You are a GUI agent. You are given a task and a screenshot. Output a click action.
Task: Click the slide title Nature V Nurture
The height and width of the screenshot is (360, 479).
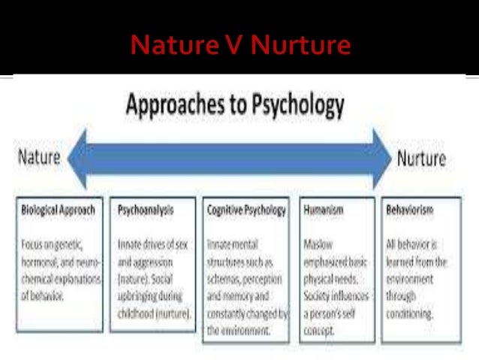[240, 46]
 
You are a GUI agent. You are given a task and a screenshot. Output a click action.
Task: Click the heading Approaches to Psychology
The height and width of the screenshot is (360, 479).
[235, 106]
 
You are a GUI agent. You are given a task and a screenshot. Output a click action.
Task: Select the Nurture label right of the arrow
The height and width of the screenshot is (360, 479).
[420, 159]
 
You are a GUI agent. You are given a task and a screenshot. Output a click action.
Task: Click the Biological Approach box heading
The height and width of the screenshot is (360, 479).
[58, 210]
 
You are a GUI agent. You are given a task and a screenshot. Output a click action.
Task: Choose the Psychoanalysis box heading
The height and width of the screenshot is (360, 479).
[146, 210]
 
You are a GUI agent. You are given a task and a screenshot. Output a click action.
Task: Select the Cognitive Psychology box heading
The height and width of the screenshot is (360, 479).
[246, 210]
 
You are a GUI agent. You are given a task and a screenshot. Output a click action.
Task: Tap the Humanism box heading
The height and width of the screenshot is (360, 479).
[324, 210]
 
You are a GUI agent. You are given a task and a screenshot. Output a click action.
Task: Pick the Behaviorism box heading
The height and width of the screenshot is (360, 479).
[410, 210]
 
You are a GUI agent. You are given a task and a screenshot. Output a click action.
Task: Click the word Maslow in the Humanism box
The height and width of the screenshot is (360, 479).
[318, 244]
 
